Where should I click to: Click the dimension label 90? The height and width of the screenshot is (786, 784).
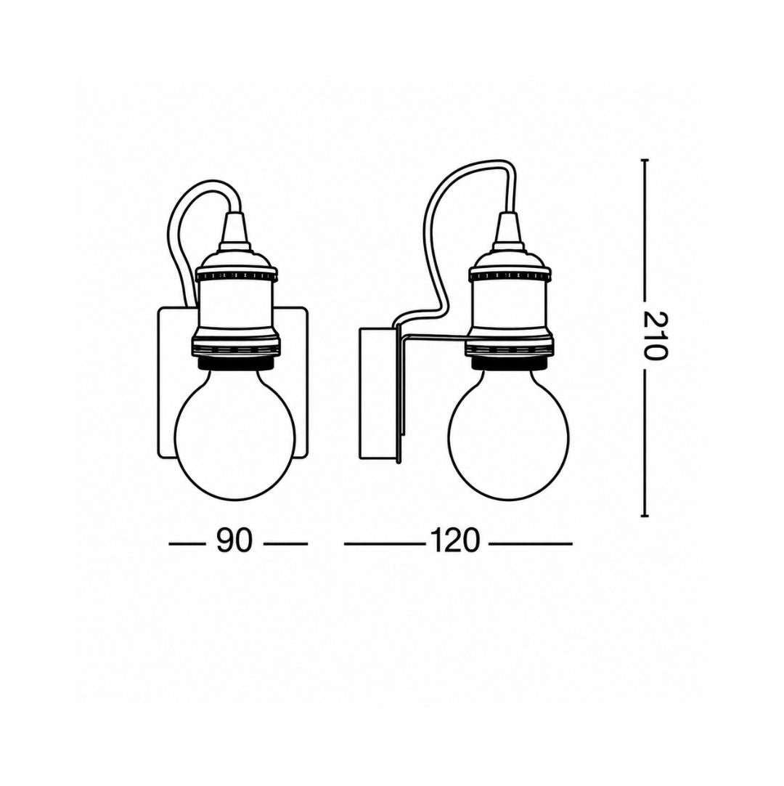point(234,540)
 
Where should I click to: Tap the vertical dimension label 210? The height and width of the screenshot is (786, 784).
point(656,336)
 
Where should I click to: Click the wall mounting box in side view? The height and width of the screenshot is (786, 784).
point(377,394)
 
